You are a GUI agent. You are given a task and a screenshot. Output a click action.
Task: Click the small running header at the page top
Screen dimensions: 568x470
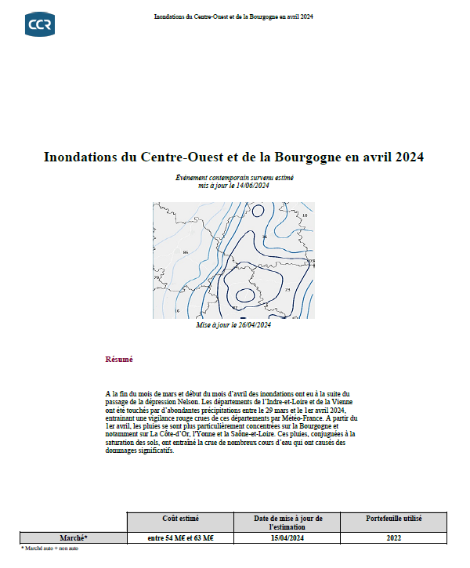(x=235, y=15)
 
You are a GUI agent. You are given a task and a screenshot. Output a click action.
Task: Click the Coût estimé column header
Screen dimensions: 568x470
(x=181, y=519)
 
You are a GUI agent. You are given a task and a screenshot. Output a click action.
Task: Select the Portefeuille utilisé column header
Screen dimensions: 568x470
(x=394, y=519)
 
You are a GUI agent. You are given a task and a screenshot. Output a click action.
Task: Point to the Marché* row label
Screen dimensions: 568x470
(x=74, y=537)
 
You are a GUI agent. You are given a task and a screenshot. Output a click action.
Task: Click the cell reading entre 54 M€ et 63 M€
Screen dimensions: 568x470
(x=181, y=537)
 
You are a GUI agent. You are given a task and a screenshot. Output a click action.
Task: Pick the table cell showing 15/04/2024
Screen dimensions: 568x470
(x=287, y=537)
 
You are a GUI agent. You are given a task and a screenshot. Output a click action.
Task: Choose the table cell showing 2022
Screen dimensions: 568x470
(x=394, y=537)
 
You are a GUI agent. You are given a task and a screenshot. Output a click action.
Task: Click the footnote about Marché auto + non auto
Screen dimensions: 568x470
(x=50, y=548)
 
